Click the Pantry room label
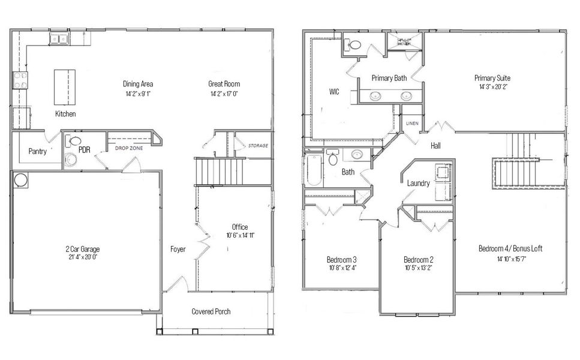coord(37,152)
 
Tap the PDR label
coord(84,148)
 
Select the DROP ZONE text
coord(128,146)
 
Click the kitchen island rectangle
coord(65,88)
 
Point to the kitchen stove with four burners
coord(20,80)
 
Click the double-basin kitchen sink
coord(59,40)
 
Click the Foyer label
coord(178,249)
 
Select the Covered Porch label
coord(211,311)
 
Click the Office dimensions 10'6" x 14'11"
coord(239,235)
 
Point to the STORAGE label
coord(258,146)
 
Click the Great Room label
coord(224,84)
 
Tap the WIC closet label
coord(335,92)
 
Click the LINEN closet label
coord(411,123)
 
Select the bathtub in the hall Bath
coord(314,171)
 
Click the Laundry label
coord(418,183)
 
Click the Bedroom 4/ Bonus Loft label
coord(510,248)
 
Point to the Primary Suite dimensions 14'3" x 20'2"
coord(492,87)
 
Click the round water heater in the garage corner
coord(20,180)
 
